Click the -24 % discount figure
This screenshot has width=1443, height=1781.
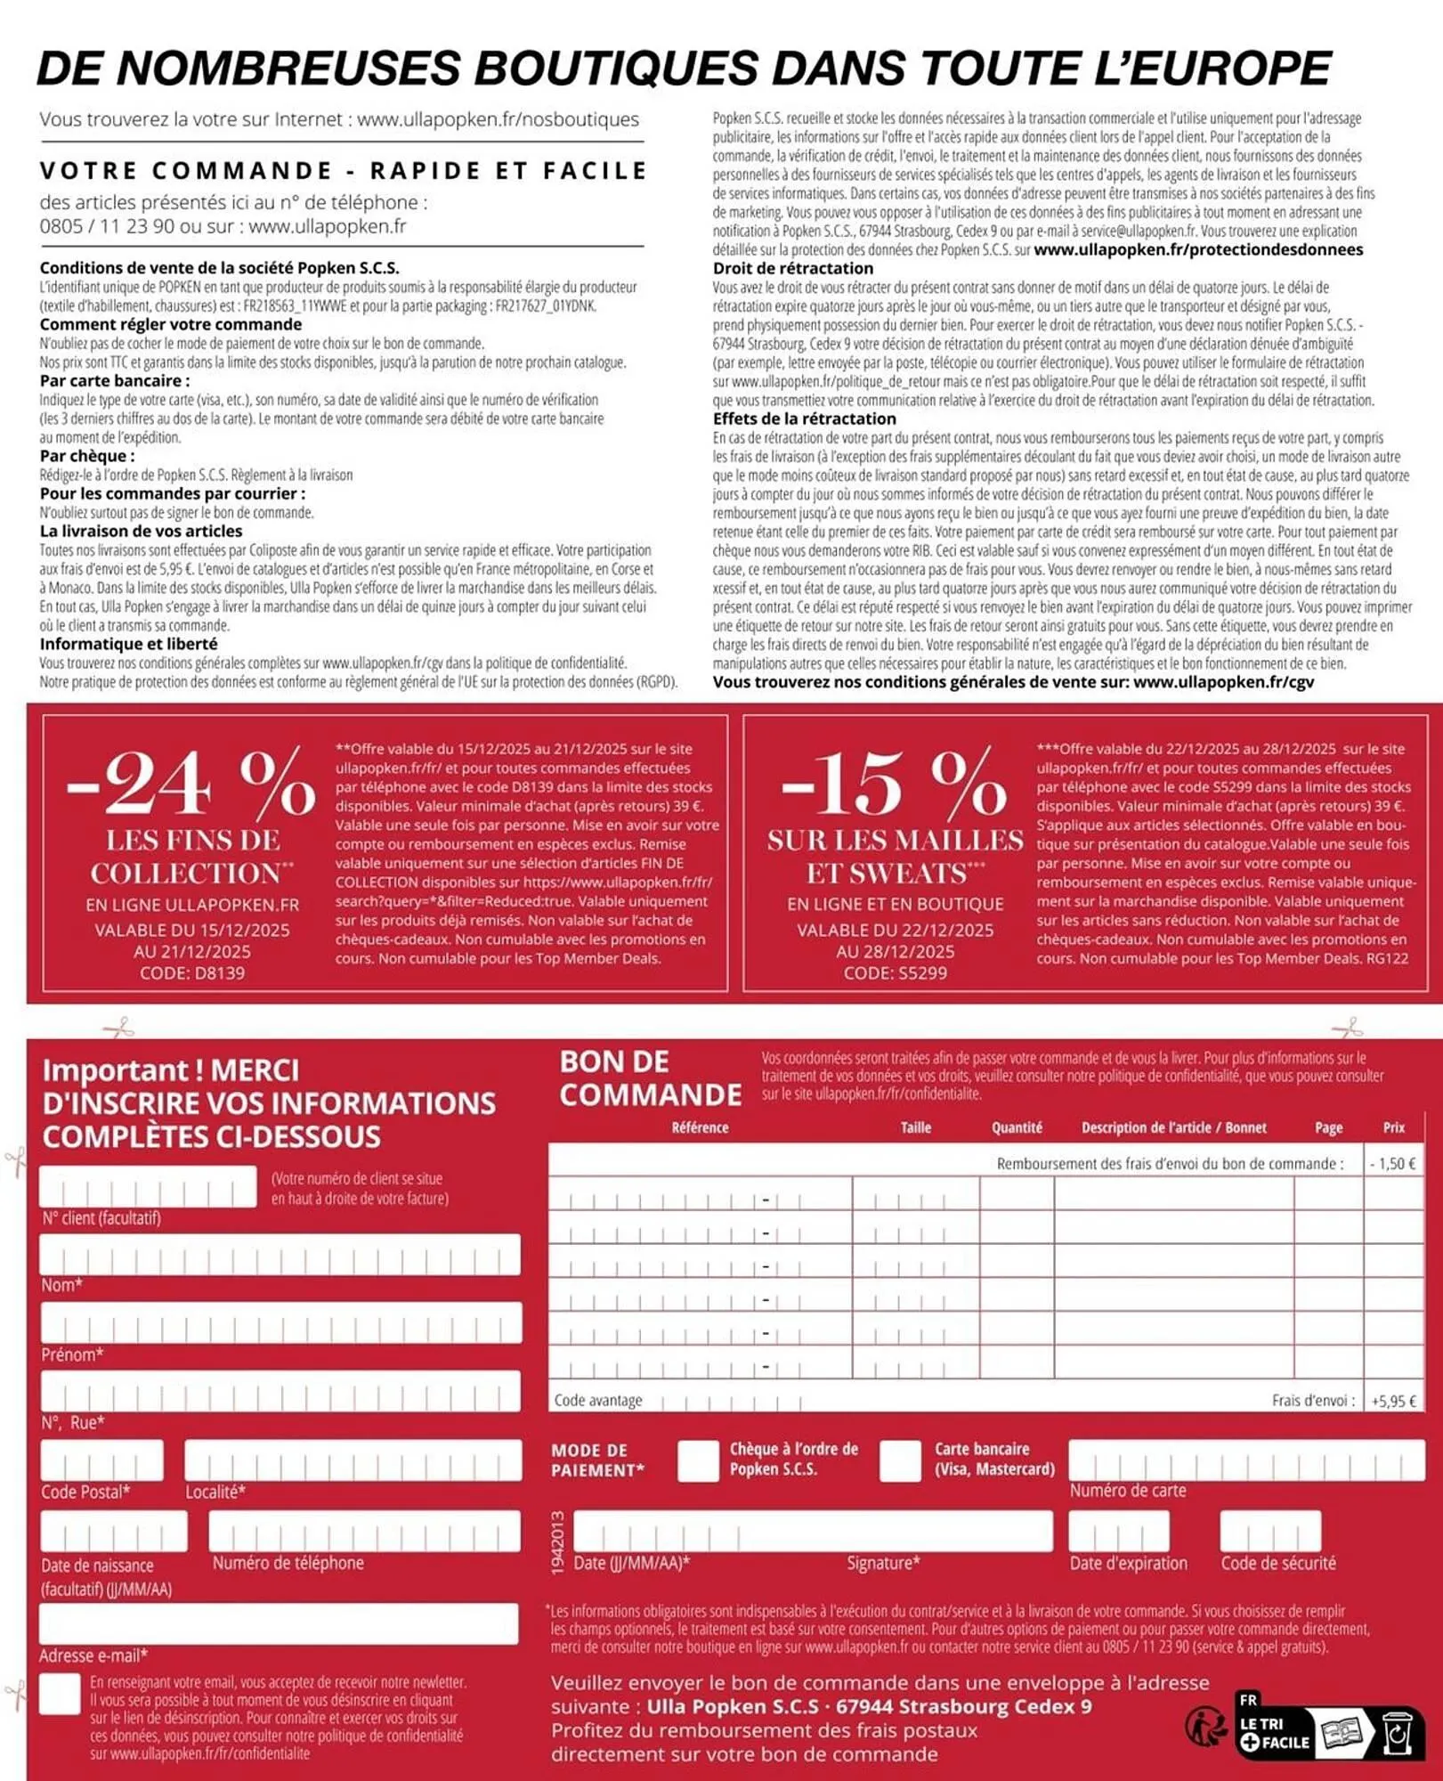191,783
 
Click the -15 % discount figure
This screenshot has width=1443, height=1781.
894,783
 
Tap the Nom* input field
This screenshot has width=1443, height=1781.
280,1255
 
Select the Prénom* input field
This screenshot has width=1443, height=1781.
280,1323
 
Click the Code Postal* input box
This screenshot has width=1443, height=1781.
101,1460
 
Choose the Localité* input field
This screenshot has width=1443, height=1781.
353,1460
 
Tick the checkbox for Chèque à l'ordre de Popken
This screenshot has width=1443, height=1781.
697,1460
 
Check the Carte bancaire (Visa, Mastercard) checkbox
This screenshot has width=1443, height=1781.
899,1460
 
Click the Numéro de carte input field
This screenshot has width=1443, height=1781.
1245,1460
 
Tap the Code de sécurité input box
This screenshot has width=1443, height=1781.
1269,1532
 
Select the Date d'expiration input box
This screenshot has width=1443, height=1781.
1118,1532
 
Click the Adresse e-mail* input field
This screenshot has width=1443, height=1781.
278,1624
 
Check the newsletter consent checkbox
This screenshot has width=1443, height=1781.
61,1694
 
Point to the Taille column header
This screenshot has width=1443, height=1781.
915,1127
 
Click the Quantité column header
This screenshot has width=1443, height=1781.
1017,1127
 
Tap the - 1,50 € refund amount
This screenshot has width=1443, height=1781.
1393,1164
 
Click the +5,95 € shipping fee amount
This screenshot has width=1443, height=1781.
1393,1401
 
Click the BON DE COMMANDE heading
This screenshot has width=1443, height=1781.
650,1078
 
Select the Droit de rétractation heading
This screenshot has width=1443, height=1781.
792,268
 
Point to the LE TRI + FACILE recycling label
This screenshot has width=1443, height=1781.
1274,1734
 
